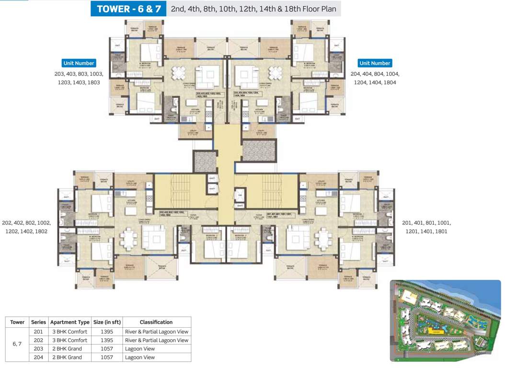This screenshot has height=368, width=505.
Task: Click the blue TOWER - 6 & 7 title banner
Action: (x=128, y=9)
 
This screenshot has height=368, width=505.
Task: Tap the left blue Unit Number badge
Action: (x=79, y=63)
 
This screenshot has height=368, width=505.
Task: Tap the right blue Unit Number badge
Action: (x=375, y=63)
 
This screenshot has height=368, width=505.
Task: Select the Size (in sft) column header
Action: (x=104, y=322)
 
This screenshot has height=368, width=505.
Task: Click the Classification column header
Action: (x=156, y=322)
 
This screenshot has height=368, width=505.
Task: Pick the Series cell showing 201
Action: (x=38, y=332)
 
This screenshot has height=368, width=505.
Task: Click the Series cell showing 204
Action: (x=38, y=357)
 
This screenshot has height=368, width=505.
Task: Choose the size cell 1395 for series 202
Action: (x=104, y=340)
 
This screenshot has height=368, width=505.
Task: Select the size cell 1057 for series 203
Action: (x=104, y=349)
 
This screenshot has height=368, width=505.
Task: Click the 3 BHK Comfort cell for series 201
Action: (x=69, y=332)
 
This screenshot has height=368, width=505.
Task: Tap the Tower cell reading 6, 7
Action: (x=17, y=344)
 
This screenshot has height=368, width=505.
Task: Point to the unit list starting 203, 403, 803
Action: (x=79, y=79)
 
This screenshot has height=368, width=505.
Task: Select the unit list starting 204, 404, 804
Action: (x=375, y=79)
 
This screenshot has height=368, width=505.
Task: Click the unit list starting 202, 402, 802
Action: (x=26, y=227)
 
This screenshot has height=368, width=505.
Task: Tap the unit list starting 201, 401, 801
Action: (x=426, y=227)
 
